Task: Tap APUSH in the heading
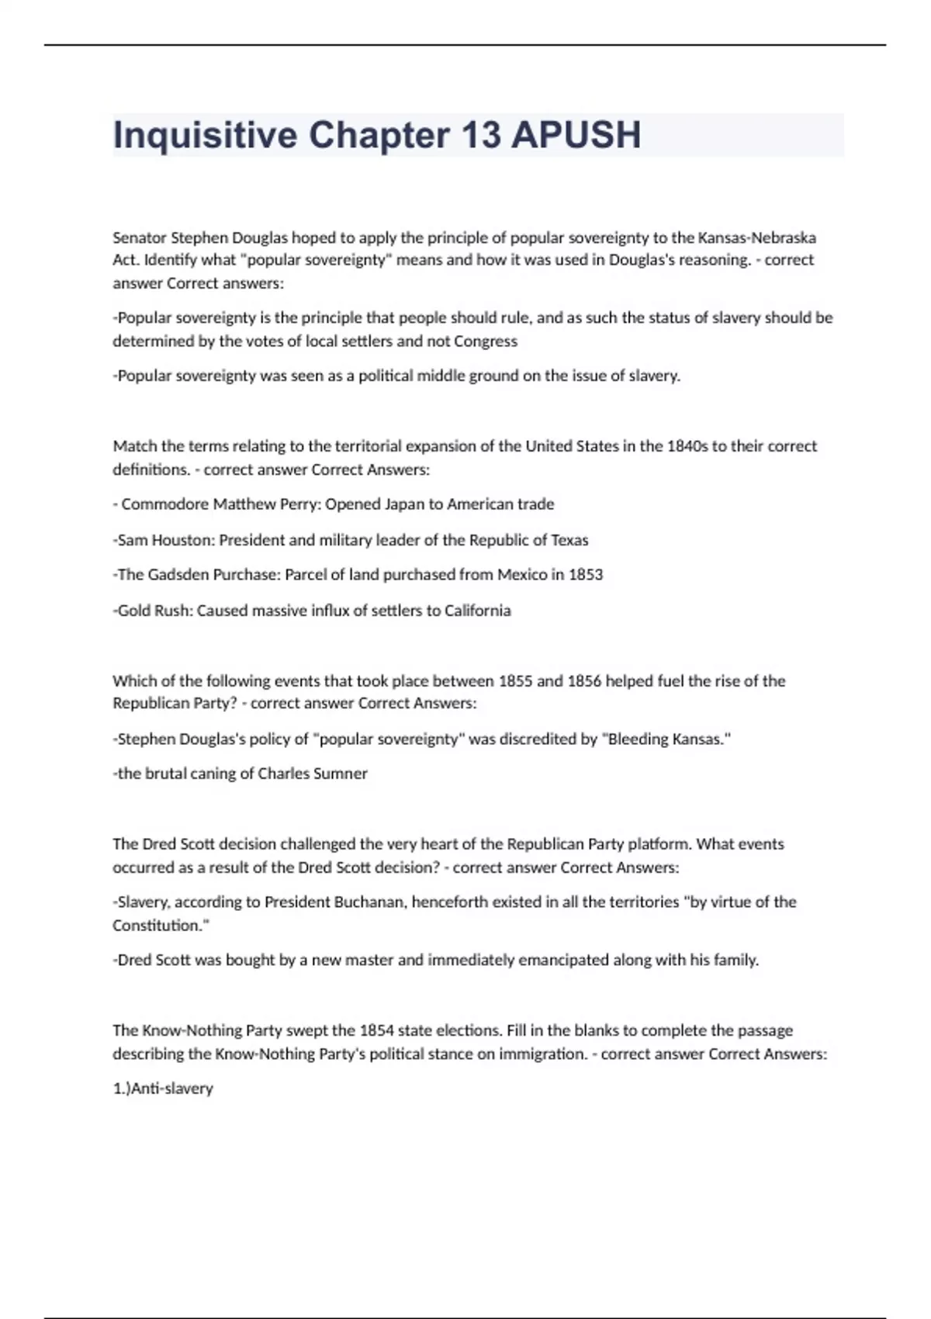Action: (x=576, y=136)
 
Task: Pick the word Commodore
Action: (x=165, y=504)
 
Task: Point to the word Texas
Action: (x=569, y=540)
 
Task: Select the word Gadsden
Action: (x=178, y=575)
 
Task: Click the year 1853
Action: (x=586, y=575)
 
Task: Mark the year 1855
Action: (x=515, y=681)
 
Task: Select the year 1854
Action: (x=376, y=1031)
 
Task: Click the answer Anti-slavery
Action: (x=172, y=1089)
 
